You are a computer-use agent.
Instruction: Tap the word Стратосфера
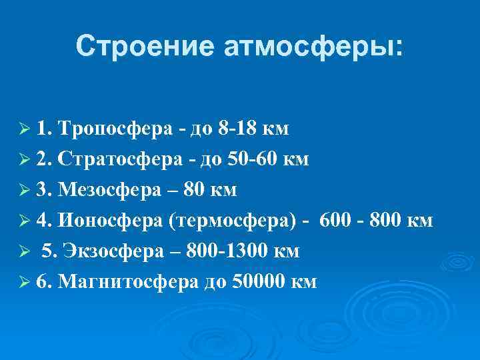[121, 160]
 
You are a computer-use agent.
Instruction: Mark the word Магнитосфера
[128, 282]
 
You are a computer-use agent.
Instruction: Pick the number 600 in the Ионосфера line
[335, 221]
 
